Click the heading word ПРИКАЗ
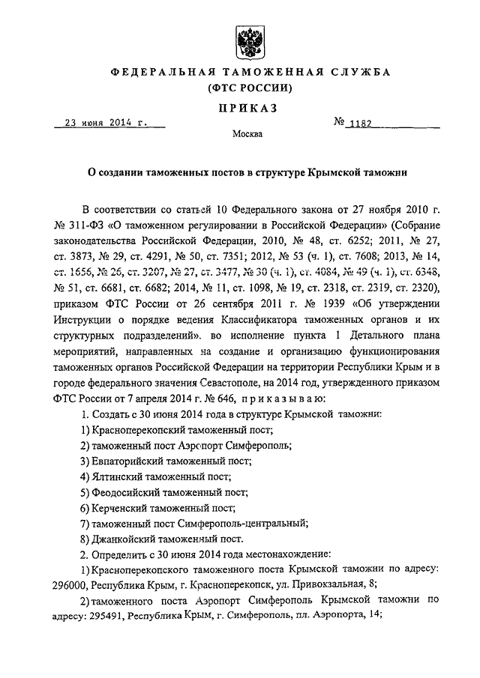click(x=247, y=108)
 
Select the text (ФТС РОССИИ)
click(x=247, y=88)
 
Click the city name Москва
click(x=247, y=136)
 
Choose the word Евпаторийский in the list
click(x=131, y=461)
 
